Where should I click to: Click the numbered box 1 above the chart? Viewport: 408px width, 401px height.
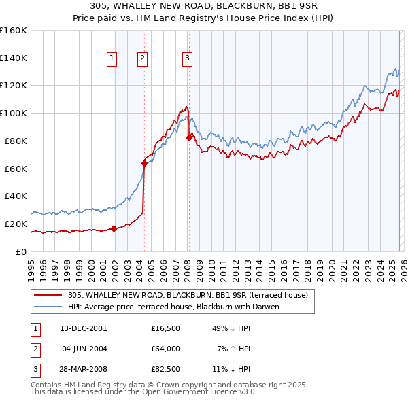point(112,58)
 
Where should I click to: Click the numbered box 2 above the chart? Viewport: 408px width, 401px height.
point(142,58)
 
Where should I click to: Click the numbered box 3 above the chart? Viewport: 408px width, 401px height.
point(186,58)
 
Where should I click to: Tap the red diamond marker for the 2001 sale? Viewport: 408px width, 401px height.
point(114,228)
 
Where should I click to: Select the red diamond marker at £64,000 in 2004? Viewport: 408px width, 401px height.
point(144,162)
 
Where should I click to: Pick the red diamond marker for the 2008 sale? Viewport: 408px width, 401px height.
point(188,137)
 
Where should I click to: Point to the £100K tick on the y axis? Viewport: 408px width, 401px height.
point(14,113)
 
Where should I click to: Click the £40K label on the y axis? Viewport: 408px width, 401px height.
point(16,196)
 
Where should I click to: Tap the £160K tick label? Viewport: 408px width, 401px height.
point(14,31)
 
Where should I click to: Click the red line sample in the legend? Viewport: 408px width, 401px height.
point(48,295)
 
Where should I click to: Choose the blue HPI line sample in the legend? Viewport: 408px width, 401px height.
point(48,307)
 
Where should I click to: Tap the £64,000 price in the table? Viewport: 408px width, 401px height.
point(166,349)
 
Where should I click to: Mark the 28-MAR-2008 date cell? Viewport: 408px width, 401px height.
point(82,370)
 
